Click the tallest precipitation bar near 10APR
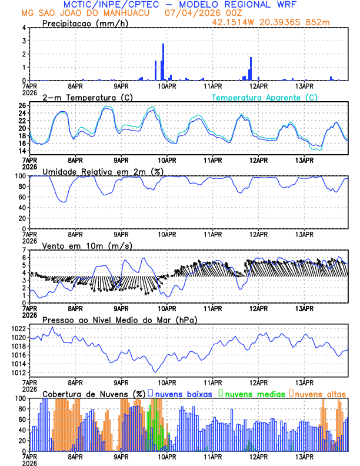(x=163, y=62)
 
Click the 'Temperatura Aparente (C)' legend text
(x=264, y=97)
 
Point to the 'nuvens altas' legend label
(x=321, y=393)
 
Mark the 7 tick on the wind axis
(x=24, y=250)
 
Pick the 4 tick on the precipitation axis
(x=24, y=28)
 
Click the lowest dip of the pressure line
(x=155, y=372)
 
